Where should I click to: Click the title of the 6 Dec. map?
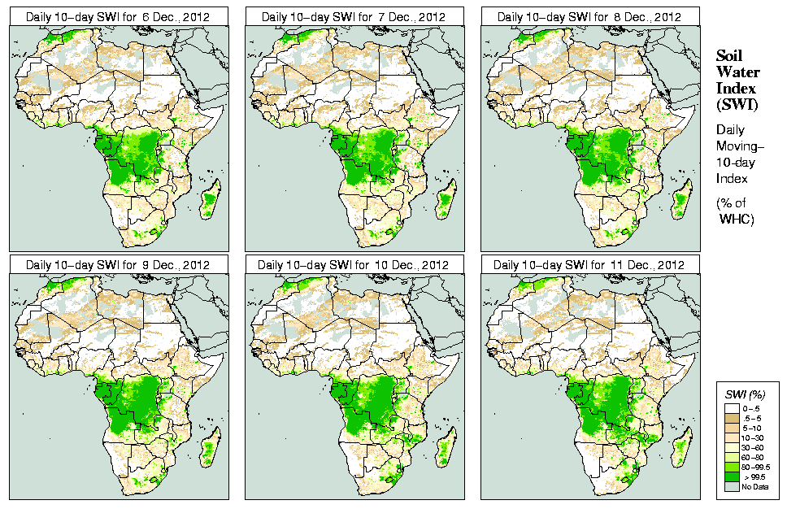pyautogui.click(x=118, y=17)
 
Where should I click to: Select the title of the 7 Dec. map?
pyautogui.click(x=354, y=17)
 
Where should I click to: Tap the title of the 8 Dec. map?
pyautogui.click(x=589, y=17)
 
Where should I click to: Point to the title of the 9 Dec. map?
pyautogui.click(x=118, y=265)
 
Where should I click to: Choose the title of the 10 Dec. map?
pyautogui.click(x=354, y=265)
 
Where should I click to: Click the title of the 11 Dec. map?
pyautogui.click(x=589, y=265)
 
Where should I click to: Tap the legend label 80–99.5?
pyautogui.click(x=755, y=467)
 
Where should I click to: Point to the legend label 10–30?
pyautogui.click(x=753, y=437)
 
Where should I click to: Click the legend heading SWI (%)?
pyautogui.click(x=745, y=394)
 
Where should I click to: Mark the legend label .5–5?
pyautogui.click(x=752, y=418)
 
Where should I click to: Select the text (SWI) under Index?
pyautogui.click(x=736, y=104)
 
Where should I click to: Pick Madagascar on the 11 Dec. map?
pyautogui.click(x=682, y=446)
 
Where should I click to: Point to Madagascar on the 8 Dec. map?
pyautogui.click(x=682, y=198)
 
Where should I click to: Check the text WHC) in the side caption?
pyautogui.click(x=737, y=220)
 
